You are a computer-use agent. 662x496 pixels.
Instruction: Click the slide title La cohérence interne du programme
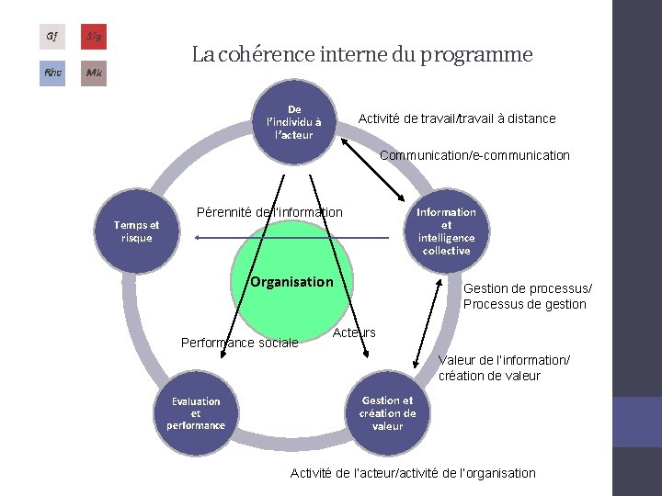[362, 55]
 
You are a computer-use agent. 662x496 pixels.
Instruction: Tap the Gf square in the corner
[52, 37]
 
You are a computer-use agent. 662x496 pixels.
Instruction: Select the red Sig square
[93, 37]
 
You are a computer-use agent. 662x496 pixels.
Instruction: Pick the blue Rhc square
[52, 73]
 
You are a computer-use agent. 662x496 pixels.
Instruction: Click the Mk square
[93, 73]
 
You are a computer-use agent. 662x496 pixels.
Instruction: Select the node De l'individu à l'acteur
[293, 122]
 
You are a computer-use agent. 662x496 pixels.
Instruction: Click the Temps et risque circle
[136, 231]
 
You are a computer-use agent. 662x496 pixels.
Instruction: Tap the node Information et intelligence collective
[446, 231]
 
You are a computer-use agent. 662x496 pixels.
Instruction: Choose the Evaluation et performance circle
[196, 413]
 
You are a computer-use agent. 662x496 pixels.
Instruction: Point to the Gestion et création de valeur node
[387, 413]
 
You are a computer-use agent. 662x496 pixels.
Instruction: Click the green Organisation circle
[291, 281]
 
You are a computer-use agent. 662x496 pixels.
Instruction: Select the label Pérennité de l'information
[270, 212]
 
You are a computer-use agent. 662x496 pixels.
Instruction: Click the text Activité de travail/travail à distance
[457, 118]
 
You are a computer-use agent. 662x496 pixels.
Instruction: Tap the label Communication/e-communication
[474, 155]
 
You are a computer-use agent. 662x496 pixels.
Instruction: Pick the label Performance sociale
[240, 343]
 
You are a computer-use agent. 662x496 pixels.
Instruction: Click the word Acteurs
[354, 332]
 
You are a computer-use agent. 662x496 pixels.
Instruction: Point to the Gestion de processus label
[525, 296]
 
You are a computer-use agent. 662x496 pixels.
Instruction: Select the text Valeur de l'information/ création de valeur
[504, 367]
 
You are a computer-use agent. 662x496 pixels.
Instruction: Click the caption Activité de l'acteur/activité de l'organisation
[413, 473]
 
